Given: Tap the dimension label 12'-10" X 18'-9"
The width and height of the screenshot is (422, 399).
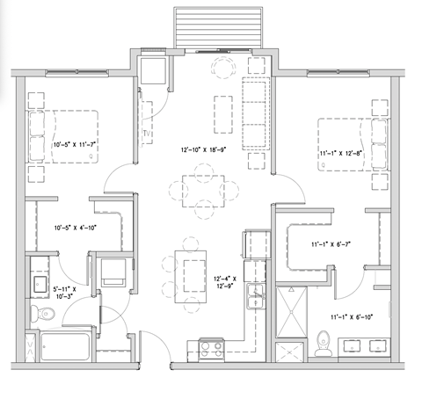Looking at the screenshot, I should [x=205, y=149].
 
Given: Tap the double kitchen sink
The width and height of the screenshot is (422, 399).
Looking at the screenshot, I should [x=254, y=292].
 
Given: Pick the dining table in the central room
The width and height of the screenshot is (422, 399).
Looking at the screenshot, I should [x=204, y=188].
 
